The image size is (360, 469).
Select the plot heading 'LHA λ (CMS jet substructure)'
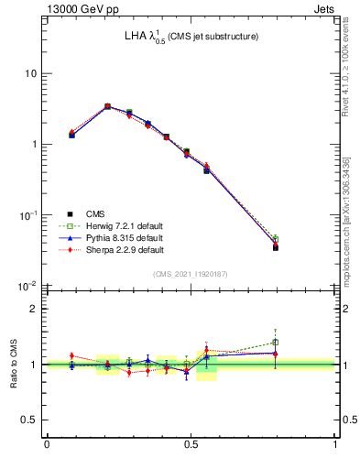tap(191, 37)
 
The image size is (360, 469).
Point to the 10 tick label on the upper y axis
tap(31, 73)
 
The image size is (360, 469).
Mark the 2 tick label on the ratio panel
tap(35, 309)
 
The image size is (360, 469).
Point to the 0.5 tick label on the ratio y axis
tap(29, 420)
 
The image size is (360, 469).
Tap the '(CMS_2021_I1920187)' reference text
tap(191, 274)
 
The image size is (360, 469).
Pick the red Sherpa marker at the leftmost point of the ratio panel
tap(71, 355)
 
